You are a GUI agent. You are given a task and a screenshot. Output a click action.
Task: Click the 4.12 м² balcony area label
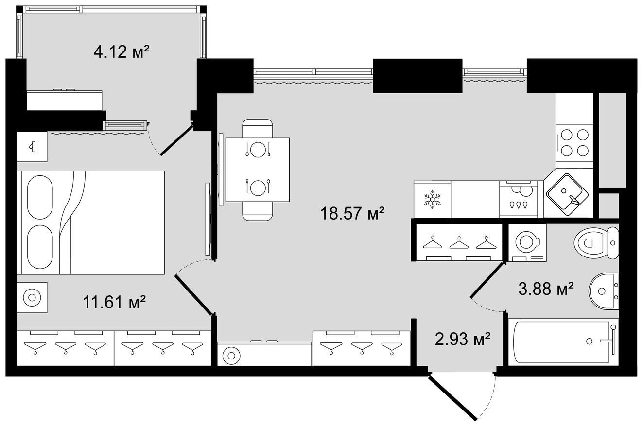click(x=122, y=52)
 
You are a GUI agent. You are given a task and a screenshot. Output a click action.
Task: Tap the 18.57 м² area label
click(x=352, y=214)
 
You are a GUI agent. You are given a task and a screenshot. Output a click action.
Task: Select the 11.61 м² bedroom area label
click(x=114, y=302)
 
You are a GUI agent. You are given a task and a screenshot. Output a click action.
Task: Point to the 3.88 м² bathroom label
click(x=546, y=289)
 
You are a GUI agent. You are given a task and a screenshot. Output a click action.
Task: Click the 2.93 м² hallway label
click(x=462, y=339)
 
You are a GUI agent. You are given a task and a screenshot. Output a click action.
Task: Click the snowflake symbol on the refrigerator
click(x=432, y=200)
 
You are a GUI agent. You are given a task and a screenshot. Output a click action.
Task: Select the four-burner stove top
click(x=574, y=146)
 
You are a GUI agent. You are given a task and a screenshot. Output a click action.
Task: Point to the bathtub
click(x=563, y=342)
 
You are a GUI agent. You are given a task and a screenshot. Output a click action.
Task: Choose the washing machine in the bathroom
click(x=527, y=243)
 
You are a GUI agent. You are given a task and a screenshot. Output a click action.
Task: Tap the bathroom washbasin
click(x=604, y=291)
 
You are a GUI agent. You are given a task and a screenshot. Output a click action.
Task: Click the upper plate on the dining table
click(x=257, y=149)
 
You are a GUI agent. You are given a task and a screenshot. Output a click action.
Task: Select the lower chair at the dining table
click(x=257, y=211)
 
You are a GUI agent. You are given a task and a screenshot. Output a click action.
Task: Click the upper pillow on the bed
click(x=40, y=197)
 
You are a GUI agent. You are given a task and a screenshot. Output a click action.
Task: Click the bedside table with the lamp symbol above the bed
click(x=32, y=147)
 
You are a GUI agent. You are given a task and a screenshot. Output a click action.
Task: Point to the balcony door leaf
click(x=176, y=140)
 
